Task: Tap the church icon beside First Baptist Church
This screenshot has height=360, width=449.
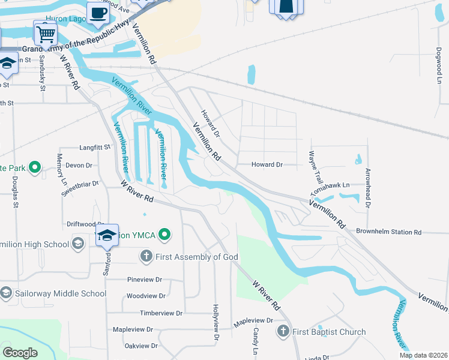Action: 283,331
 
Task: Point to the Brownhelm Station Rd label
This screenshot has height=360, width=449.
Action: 388,232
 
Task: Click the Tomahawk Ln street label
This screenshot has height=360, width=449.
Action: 330,186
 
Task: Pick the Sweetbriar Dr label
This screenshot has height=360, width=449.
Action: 80,187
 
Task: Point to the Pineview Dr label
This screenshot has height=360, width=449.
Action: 145,280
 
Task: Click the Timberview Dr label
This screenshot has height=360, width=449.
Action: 160,313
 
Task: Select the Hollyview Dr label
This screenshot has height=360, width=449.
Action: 215,323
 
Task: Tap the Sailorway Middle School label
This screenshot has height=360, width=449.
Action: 61,293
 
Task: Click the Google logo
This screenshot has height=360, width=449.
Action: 20,353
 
